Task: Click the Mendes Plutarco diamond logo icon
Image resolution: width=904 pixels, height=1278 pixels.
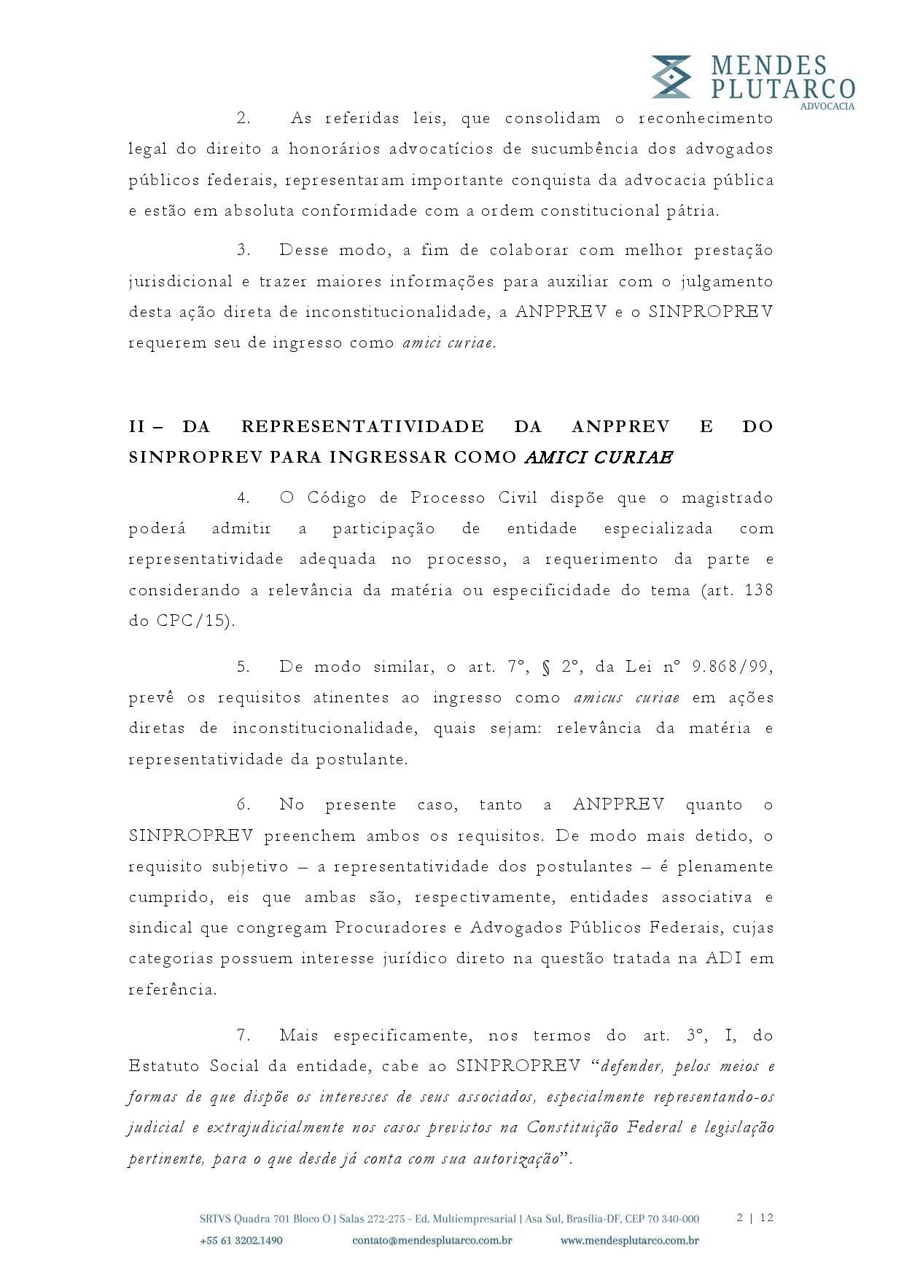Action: [671, 77]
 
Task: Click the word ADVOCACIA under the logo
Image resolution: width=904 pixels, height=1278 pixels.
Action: [827, 106]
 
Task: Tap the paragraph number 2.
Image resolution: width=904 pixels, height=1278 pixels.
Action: [243, 118]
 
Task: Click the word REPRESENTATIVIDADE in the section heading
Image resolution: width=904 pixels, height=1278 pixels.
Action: [362, 426]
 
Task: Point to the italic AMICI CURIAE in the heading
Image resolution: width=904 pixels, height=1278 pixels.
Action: [599, 458]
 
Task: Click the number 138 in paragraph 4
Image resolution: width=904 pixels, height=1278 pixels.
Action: [758, 590]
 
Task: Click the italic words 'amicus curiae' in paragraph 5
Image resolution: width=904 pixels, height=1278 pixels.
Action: [626, 697]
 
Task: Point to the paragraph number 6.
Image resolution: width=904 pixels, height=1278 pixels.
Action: [243, 805]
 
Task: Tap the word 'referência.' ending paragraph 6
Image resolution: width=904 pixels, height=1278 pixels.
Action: [173, 989]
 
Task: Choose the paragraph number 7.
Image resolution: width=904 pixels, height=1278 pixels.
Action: [243, 1035]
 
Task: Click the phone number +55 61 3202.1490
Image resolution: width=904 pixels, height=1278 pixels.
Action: [241, 1240]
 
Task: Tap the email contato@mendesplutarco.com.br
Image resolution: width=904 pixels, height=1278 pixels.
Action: [432, 1240]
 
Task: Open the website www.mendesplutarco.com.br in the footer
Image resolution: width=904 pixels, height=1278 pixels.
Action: [630, 1240]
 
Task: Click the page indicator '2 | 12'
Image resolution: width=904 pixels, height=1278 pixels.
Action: [755, 1218]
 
